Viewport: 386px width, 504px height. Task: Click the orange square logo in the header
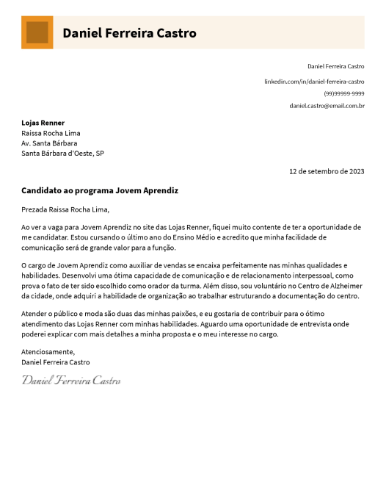click(37, 32)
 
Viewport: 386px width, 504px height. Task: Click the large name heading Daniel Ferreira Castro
click(129, 33)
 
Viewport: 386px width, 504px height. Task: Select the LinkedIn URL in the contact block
click(314, 81)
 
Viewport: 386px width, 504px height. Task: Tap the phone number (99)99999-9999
click(344, 93)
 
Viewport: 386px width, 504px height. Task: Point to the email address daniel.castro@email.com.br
click(327, 106)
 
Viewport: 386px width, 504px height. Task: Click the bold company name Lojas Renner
click(43, 123)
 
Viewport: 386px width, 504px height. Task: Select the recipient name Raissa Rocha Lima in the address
click(51, 133)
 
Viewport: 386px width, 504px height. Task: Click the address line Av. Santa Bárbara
click(49, 143)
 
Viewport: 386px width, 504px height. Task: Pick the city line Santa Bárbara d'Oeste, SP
click(63, 154)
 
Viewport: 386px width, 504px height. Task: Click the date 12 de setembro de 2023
click(327, 171)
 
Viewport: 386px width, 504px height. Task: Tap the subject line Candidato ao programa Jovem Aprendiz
click(100, 190)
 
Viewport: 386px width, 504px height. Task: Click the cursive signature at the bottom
click(71, 380)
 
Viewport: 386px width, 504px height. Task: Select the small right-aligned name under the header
click(335, 67)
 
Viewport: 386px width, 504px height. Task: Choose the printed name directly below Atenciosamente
click(56, 362)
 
